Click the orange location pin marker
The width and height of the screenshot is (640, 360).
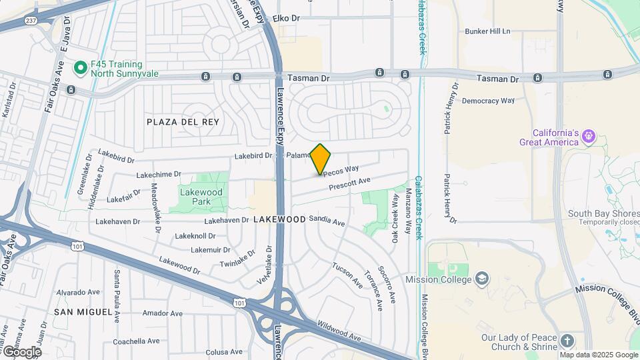point(321,159)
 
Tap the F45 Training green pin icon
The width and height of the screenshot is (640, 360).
point(81,67)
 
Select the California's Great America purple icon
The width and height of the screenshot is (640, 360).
point(588,137)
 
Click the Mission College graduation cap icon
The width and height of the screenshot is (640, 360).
point(483,279)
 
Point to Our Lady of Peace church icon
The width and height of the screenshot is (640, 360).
point(567,341)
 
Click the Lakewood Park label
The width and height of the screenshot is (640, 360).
point(201,197)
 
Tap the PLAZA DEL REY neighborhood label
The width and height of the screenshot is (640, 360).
point(183,121)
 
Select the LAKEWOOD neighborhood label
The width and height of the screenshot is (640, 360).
point(279,219)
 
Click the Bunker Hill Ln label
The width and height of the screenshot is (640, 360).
point(487,31)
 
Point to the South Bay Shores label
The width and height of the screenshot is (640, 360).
point(603,213)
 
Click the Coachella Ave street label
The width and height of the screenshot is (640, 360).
point(136,341)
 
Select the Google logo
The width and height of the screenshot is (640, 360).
point(21,351)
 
